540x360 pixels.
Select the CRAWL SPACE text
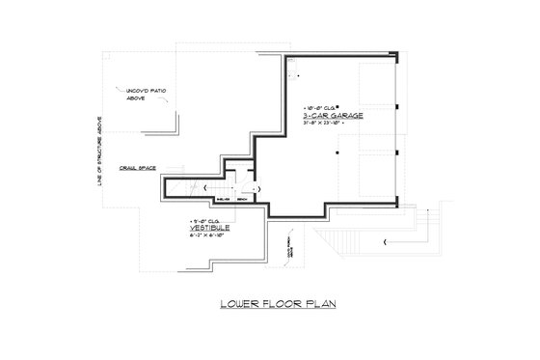tap(139, 165)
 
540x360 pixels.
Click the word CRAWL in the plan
tap(130, 165)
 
